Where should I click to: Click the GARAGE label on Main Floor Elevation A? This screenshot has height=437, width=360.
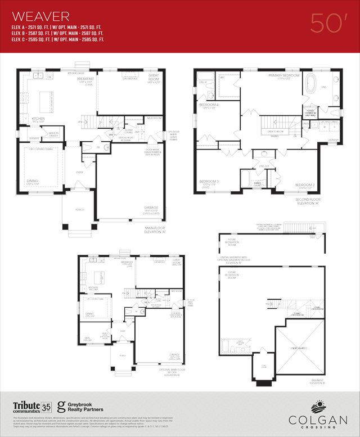[150, 208]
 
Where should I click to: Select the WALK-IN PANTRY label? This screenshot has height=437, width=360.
[53, 134]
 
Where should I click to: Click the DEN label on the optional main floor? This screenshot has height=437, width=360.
[87, 337]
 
